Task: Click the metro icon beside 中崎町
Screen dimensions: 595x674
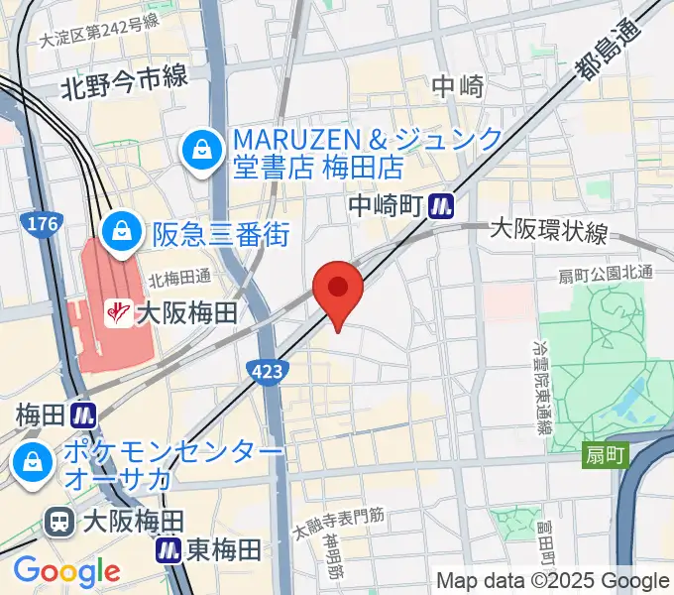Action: [442, 206]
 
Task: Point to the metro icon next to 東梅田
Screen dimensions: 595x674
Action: [168, 548]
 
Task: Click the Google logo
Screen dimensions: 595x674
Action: [66, 571]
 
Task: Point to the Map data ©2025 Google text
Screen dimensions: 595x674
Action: [552, 581]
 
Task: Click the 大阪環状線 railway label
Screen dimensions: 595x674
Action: [549, 232]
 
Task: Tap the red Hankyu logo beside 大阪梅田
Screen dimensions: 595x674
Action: [118, 314]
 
